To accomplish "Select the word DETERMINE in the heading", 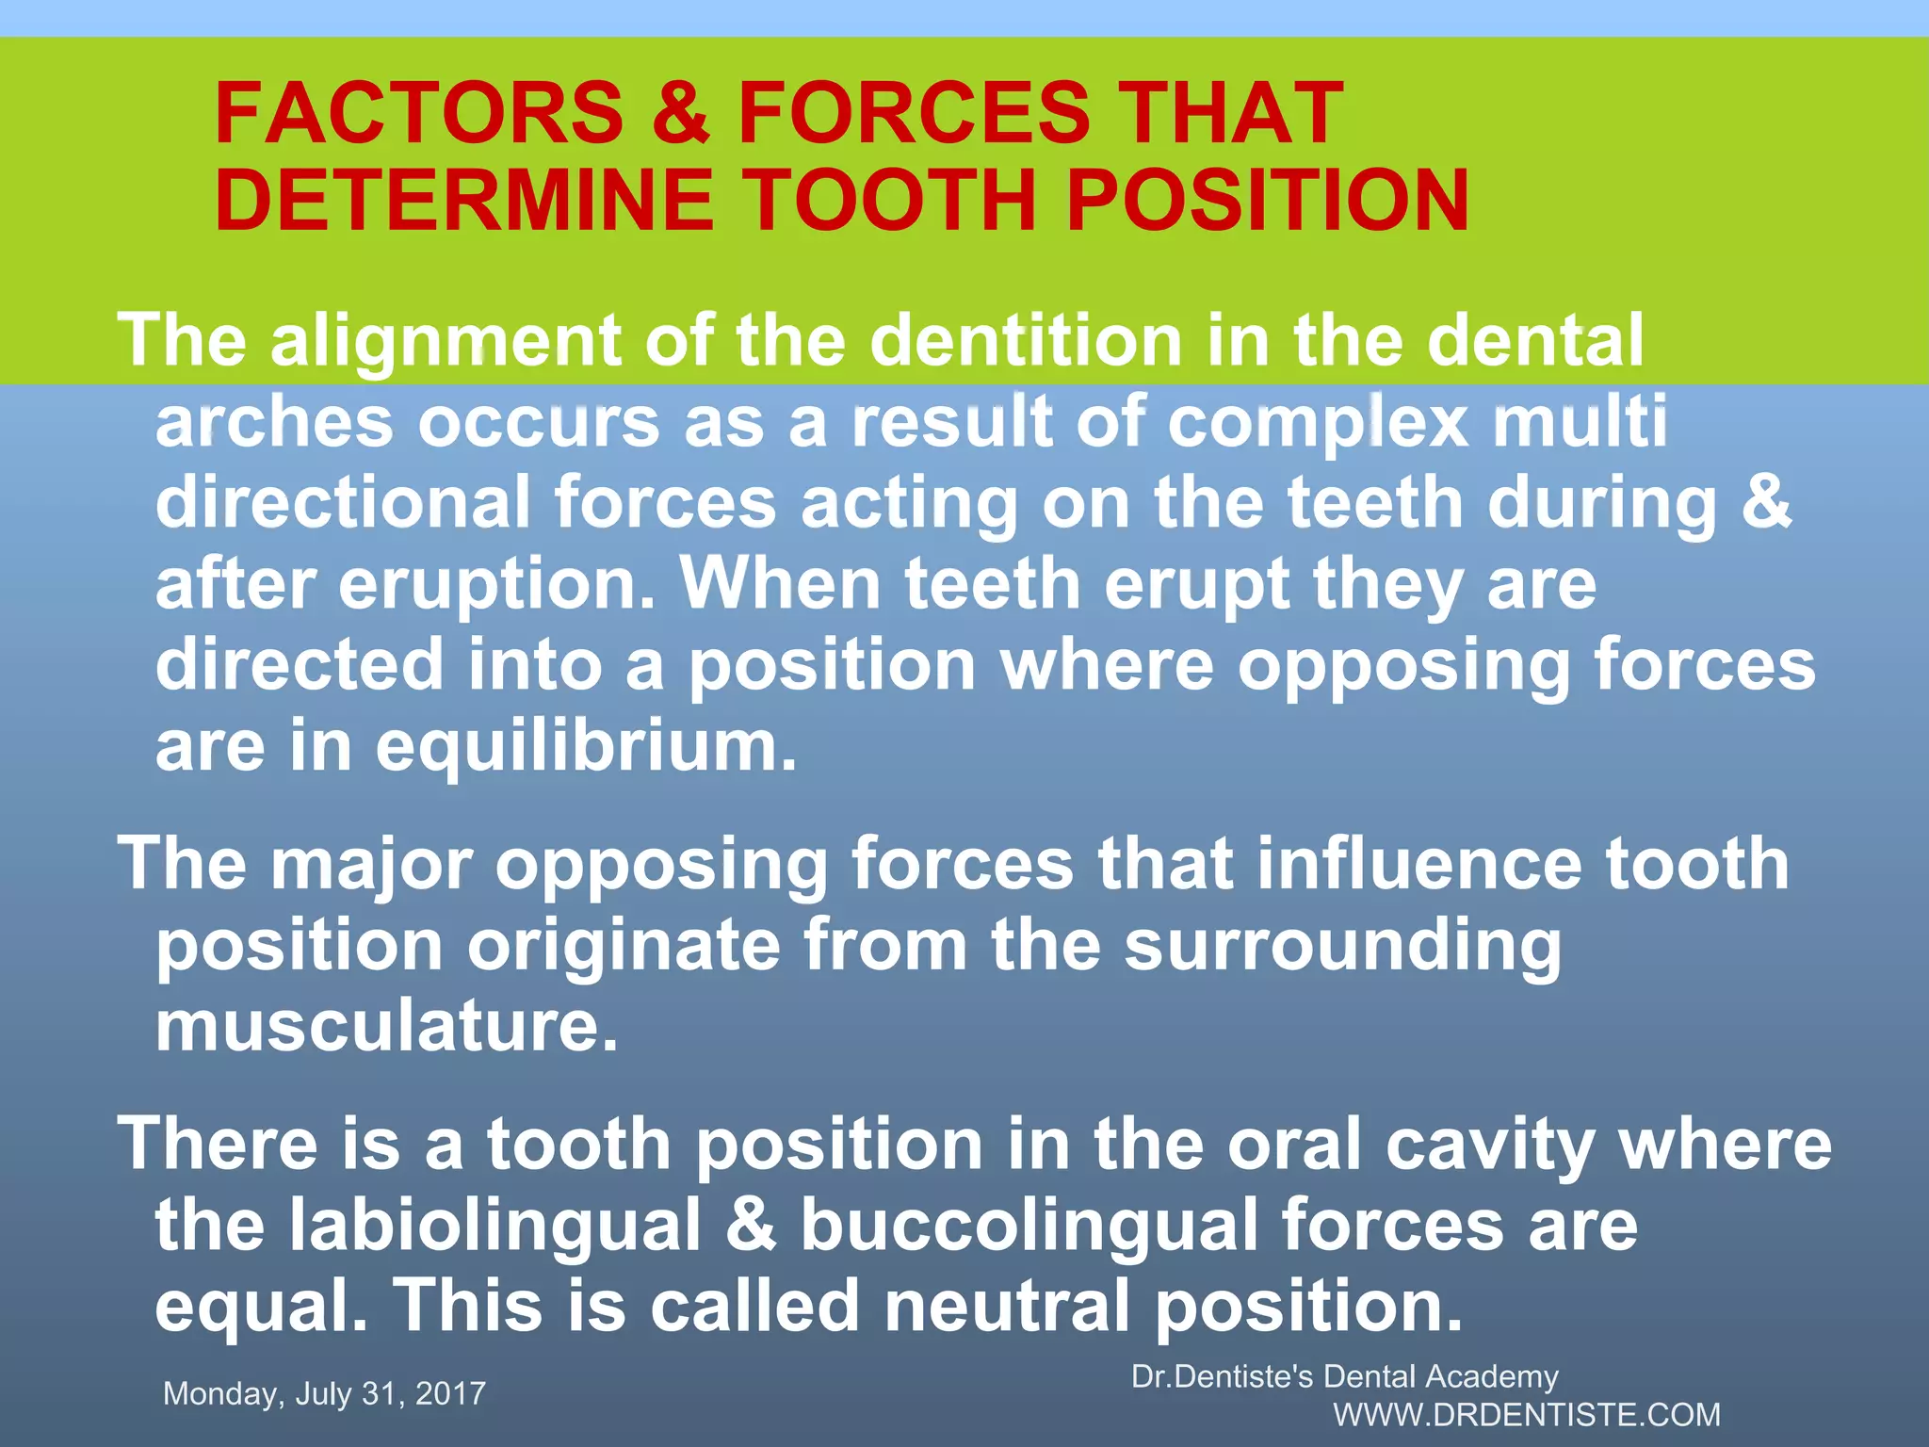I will click(x=464, y=201).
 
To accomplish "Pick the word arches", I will click(x=274, y=422).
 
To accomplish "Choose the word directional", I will click(x=343, y=503).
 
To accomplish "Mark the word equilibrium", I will click(x=586, y=747).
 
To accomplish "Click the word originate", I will click(x=624, y=946).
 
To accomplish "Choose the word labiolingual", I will click(x=495, y=1227).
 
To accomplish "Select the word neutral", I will click(x=1006, y=1307).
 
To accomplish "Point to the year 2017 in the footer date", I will click(x=450, y=1393).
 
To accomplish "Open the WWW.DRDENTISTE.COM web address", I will click(x=1527, y=1415).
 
